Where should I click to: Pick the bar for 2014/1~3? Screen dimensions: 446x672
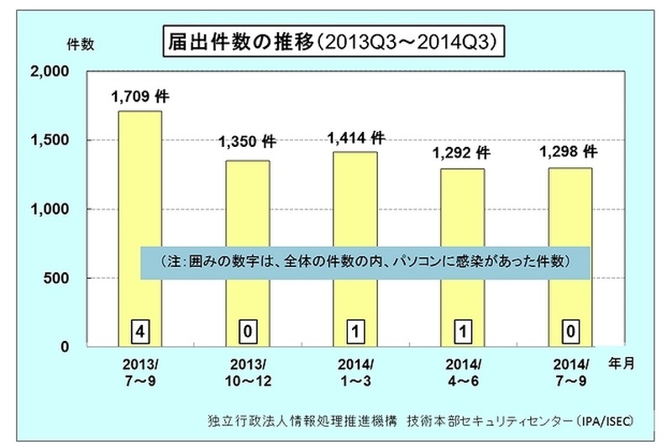[x=354, y=210]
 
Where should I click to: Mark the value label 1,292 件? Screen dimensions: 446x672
[x=461, y=153]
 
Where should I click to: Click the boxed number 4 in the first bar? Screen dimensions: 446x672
[x=139, y=332]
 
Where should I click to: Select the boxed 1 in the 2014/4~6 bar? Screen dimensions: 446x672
[x=462, y=332]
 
